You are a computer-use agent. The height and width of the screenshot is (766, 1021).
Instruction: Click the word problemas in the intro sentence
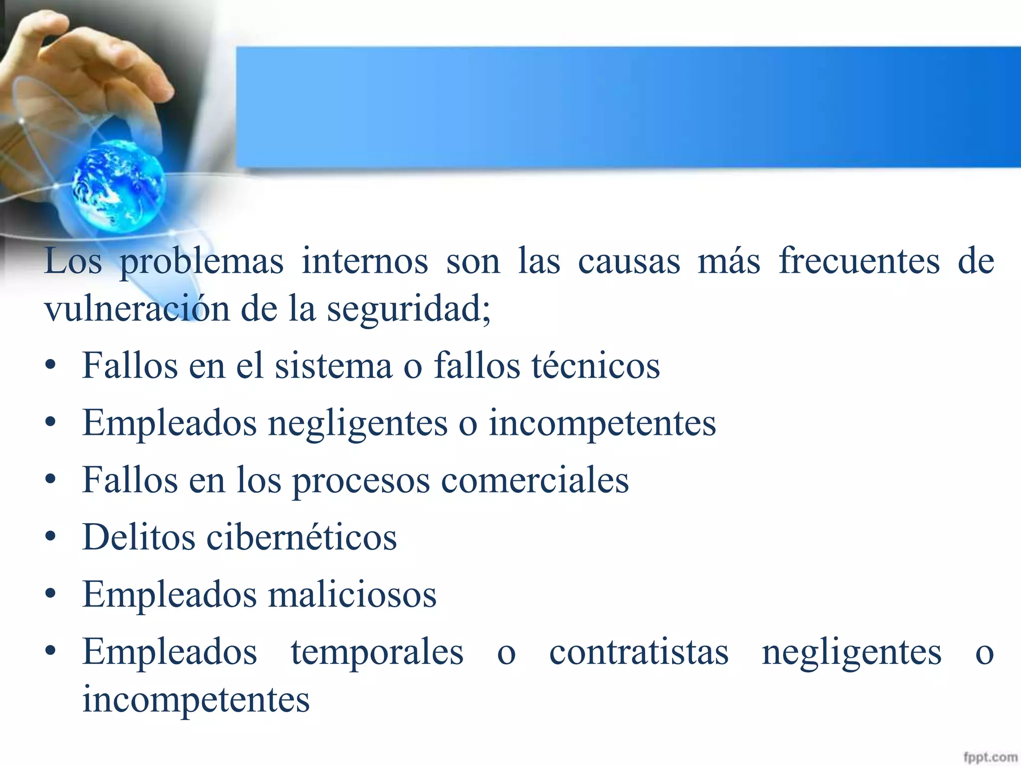(x=201, y=262)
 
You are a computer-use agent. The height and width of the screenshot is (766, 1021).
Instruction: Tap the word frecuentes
(x=859, y=261)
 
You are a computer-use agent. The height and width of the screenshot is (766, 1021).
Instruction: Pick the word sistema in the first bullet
(x=334, y=366)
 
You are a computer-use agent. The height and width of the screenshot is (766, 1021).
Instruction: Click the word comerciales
(x=535, y=480)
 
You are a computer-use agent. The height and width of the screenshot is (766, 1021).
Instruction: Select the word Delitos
(x=139, y=537)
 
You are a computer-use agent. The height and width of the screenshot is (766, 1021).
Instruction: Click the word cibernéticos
(x=302, y=537)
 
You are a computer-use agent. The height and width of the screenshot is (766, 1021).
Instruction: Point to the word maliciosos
(x=352, y=594)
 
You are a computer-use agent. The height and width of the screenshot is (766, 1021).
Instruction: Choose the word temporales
(x=377, y=652)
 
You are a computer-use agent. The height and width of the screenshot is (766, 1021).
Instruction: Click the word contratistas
(x=639, y=652)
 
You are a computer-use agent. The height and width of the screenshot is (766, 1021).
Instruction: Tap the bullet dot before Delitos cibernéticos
(x=50, y=538)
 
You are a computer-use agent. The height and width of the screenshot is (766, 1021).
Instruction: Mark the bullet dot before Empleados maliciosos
(x=50, y=594)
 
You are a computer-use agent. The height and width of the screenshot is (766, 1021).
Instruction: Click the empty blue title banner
(x=628, y=107)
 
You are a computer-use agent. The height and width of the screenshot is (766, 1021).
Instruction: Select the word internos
(x=364, y=261)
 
